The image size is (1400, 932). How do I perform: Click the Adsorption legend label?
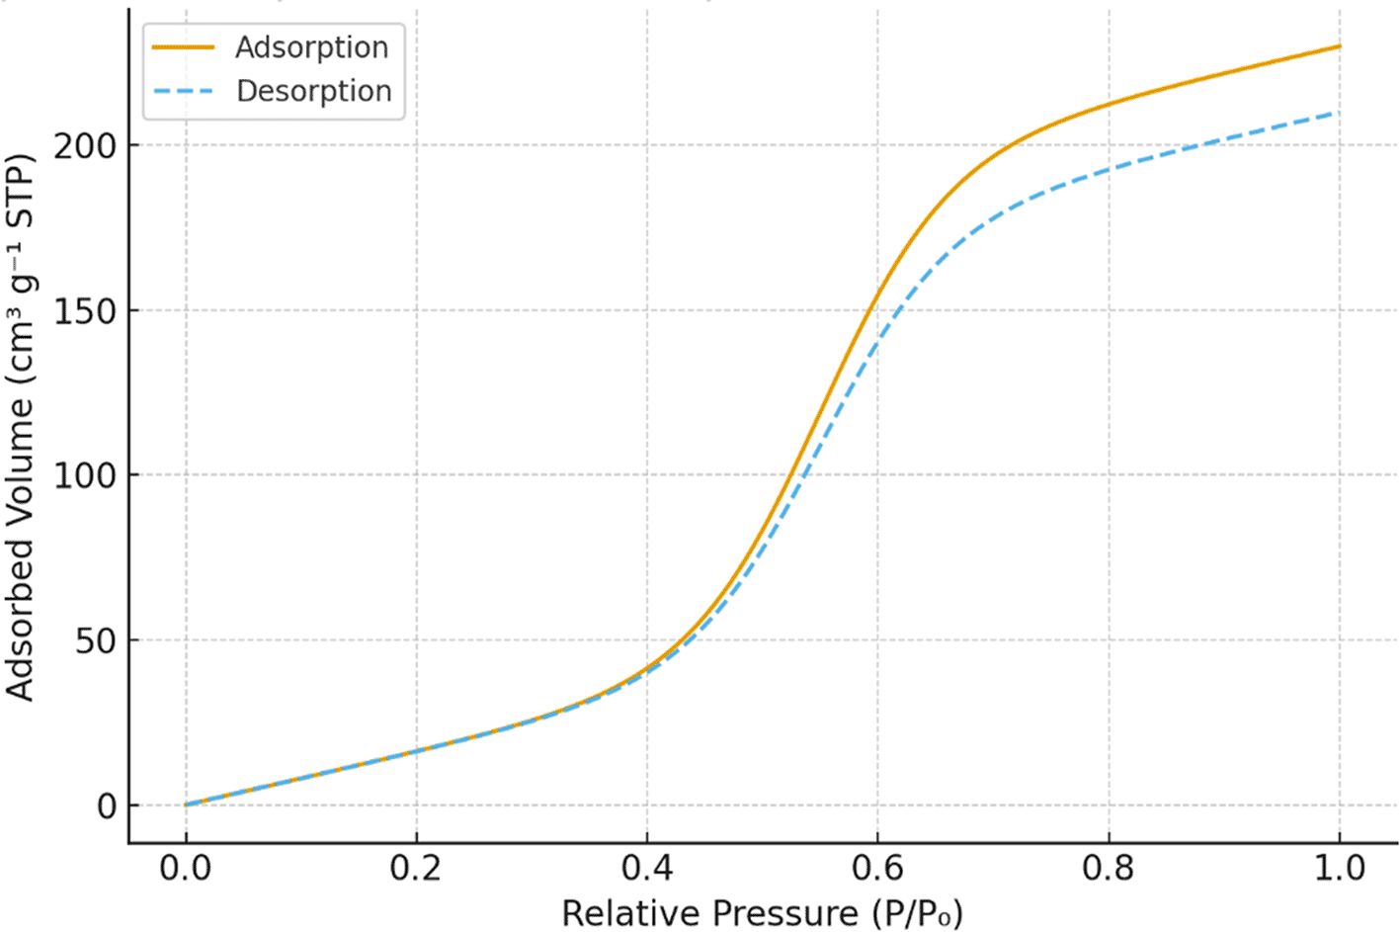pyautogui.click(x=311, y=47)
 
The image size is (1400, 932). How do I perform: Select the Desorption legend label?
pyautogui.click(x=314, y=91)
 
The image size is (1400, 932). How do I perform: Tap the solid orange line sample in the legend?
pyautogui.click(x=184, y=47)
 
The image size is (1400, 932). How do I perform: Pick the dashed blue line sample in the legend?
pyautogui.click(x=184, y=91)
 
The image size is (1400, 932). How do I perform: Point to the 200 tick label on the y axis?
pyautogui.click(x=85, y=146)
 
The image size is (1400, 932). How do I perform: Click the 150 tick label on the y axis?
pyautogui.click(x=85, y=311)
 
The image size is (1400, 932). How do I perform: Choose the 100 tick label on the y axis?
pyautogui.click(x=85, y=475)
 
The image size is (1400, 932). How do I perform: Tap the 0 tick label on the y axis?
pyautogui.click(x=107, y=806)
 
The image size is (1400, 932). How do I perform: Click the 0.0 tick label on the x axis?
pyautogui.click(x=186, y=869)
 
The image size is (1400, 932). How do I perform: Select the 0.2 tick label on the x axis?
pyautogui.click(x=416, y=869)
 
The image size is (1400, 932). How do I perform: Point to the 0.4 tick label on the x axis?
pyautogui.click(x=647, y=869)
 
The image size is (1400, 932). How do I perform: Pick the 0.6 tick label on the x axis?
pyautogui.click(x=878, y=869)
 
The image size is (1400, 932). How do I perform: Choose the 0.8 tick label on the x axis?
pyautogui.click(x=1109, y=869)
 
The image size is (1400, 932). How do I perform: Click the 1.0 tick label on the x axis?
pyautogui.click(x=1340, y=869)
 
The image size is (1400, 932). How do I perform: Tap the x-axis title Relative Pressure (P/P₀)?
pyautogui.click(x=762, y=912)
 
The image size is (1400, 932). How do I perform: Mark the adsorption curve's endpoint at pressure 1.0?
pyautogui.click(x=1340, y=46)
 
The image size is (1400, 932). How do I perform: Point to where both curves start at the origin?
pyautogui.click(x=186, y=805)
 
